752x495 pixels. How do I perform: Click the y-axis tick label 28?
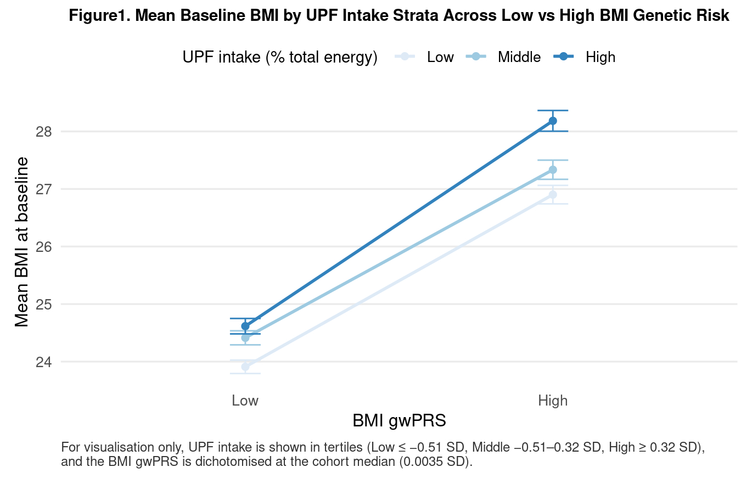tap(44, 132)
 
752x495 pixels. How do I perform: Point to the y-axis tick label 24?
tap(44, 362)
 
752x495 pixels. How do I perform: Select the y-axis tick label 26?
tap(44, 247)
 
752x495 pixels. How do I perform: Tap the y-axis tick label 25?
tap(44, 305)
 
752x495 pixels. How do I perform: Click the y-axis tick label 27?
tap(44, 189)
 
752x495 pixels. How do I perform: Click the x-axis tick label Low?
tap(245, 401)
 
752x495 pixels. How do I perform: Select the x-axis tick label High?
tap(552, 401)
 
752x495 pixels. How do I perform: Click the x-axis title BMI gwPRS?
tap(399, 421)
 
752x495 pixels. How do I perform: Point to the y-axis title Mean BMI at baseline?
tap(22, 241)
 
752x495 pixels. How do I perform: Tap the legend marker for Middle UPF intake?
tap(476, 57)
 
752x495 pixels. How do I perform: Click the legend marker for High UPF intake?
tap(564, 57)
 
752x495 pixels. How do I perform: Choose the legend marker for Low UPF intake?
tap(405, 57)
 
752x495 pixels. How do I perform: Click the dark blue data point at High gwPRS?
tap(553, 121)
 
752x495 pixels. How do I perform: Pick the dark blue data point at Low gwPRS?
tap(245, 326)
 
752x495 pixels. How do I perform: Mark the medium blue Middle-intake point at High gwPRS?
tap(553, 170)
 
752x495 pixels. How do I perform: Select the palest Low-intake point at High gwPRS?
tap(553, 194)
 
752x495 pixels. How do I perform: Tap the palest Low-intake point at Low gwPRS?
tap(245, 367)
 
